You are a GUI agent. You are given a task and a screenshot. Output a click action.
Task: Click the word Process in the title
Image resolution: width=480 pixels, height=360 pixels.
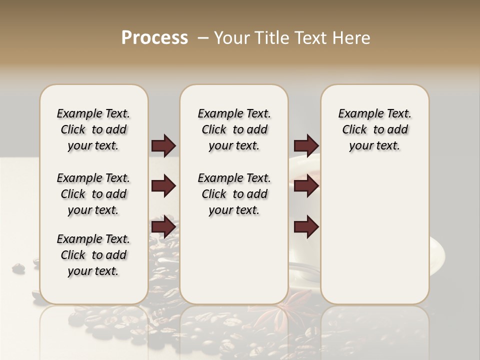tap(154, 38)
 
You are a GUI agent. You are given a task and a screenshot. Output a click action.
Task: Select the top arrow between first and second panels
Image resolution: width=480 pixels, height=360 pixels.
tap(163, 146)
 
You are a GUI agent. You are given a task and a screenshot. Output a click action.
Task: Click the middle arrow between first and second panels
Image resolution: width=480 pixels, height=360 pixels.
tap(163, 186)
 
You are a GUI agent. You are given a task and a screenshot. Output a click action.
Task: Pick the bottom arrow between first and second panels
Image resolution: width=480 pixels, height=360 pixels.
tap(163, 227)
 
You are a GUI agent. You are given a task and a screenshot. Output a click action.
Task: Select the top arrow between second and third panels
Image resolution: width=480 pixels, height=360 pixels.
tap(306, 146)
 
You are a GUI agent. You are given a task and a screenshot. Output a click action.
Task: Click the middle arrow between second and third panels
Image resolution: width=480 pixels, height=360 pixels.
tap(306, 186)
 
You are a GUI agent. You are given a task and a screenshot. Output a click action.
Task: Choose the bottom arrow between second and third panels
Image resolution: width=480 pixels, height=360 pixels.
tap(306, 227)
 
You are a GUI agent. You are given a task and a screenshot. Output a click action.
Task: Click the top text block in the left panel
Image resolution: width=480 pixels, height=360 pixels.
tap(93, 129)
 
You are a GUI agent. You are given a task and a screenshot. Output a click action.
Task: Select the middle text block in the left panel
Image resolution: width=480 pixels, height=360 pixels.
tap(93, 194)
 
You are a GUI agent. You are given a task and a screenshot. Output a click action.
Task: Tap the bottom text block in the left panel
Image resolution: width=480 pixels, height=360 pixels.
tap(93, 255)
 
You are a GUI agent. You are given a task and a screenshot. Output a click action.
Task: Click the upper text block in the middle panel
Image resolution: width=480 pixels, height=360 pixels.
tap(234, 129)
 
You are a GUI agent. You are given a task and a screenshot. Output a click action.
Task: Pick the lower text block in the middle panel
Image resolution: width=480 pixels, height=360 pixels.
tap(234, 194)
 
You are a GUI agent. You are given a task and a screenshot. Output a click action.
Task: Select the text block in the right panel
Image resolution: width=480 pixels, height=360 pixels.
tap(374, 129)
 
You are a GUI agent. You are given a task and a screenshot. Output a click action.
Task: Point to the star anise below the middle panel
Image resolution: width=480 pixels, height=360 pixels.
tap(295, 308)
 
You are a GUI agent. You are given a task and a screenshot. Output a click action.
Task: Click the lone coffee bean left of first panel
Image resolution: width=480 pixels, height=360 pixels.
tap(18, 268)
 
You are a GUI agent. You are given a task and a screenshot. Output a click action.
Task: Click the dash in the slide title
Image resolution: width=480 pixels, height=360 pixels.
tap(203, 38)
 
